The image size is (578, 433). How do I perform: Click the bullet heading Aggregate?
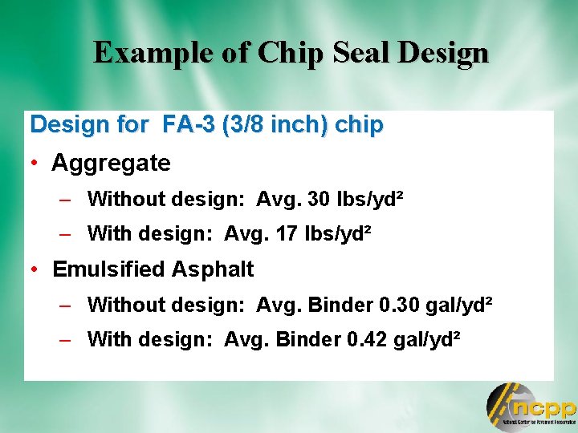click(x=111, y=164)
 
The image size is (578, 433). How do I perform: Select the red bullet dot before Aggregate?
click(x=36, y=164)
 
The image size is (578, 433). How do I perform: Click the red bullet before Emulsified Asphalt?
click(x=36, y=269)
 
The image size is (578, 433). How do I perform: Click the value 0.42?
click(x=373, y=340)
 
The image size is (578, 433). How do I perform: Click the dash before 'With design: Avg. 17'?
click(x=68, y=234)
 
